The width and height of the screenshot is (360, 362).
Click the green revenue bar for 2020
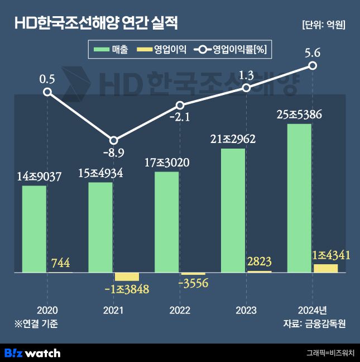pyautogui.click(x=34, y=229)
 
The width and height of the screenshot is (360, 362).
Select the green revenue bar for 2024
pyautogui.click(x=299, y=198)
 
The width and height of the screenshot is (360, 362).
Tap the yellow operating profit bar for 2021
pyautogui.click(x=126, y=277)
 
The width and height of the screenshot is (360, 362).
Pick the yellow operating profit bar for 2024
pyautogui.click(x=325, y=268)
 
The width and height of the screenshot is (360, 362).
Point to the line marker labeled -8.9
pyautogui.click(x=113, y=141)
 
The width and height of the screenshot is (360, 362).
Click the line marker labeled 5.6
pyautogui.click(x=313, y=66)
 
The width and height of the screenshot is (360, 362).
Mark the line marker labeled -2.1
pyautogui.click(x=180, y=105)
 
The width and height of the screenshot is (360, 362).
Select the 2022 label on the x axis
pyautogui.click(x=180, y=310)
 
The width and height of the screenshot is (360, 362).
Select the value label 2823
pyautogui.click(x=259, y=261)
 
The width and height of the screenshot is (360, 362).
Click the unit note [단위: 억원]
pyautogui.click(x=323, y=25)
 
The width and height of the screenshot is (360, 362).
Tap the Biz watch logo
pyautogui.click(x=32, y=353)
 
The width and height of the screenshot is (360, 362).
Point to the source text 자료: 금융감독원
pyautogui.click(x=315, y=323)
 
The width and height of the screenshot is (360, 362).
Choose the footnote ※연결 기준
pyautogui.click(x=36, y=323)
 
